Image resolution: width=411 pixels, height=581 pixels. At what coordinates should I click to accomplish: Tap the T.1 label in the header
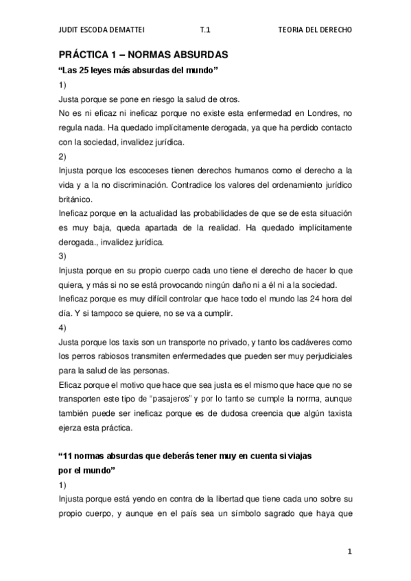204,30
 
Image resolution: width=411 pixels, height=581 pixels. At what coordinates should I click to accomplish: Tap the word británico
76,198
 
